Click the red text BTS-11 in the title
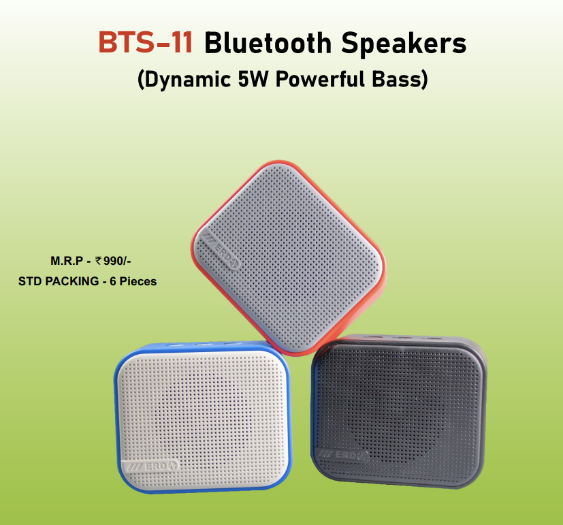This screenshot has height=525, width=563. tap(146, 42)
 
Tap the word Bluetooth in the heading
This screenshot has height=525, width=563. tap(268, 43)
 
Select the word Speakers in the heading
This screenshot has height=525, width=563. tap(404, 44)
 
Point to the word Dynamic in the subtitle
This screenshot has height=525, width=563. tap(184, 79)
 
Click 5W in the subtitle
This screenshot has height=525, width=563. tap(253, 78)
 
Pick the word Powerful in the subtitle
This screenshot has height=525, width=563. tap(320, 78)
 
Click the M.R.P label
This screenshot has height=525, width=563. tap(67, 261)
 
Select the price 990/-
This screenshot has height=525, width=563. tap(117, 261)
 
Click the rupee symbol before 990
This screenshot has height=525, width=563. tap(99, 260)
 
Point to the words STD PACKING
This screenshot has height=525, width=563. tap(59, 281)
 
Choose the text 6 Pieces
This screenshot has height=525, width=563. tap(133, 281)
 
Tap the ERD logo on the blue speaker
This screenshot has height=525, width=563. tap(151, 466)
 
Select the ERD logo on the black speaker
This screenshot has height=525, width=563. tap(343, 456)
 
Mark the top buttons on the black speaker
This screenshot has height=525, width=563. tap(403, 338)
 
